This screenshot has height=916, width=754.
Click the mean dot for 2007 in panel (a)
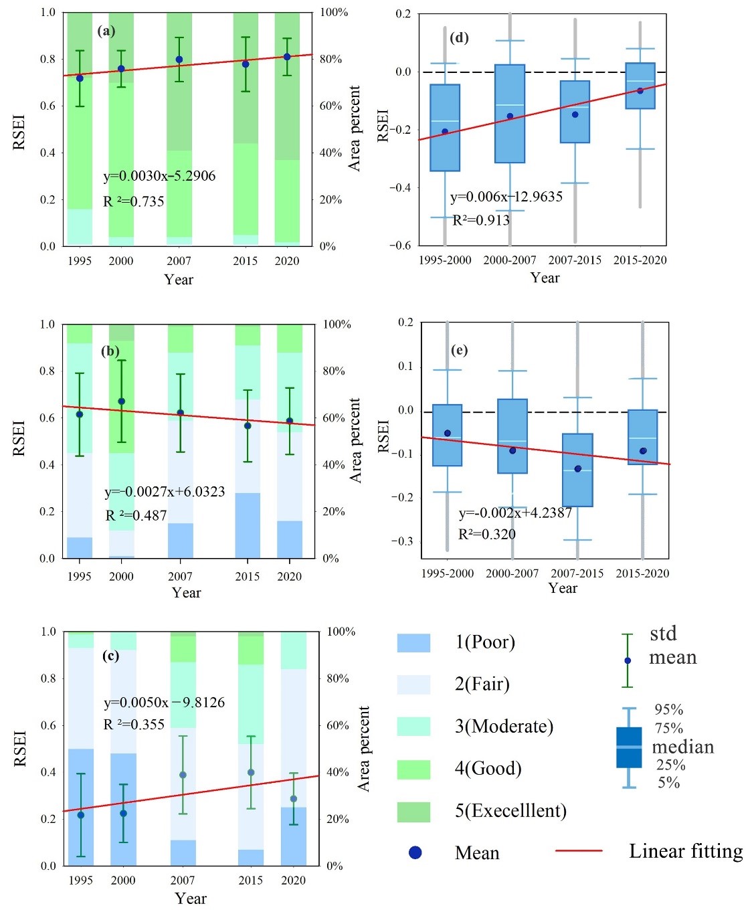[x=179, y=60]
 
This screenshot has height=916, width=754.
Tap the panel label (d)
[x=459, y=37]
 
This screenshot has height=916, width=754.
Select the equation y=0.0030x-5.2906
[x=159, y=176]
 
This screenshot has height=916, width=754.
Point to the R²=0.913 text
[x=481, y=220]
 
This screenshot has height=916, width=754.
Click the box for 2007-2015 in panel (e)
[x=577, y=470]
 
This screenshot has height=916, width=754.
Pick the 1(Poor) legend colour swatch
[x=413, y=642]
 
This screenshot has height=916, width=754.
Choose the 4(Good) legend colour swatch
[x=413, y=769]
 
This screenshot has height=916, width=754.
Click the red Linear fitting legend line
[x=579, y=851]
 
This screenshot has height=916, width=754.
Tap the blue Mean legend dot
[x=415, y=852]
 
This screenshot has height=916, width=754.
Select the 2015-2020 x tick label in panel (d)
[x=640, y=260]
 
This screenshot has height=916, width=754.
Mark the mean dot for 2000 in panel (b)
[x=121, y=401]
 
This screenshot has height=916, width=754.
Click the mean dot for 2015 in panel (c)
[x=251, y=772]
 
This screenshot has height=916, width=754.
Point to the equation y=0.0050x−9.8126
[x=164, y=703]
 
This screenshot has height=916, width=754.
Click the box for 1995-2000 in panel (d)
[x=445, y=127]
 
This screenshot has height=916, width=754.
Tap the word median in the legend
[x=682, y=747]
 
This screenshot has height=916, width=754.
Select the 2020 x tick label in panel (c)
[x=293, y=881]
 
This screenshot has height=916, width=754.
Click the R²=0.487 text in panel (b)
[x=136, y=515]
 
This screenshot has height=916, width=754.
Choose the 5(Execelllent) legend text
[x=510, y=811]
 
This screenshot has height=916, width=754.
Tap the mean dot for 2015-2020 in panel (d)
[x=640, y=90]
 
